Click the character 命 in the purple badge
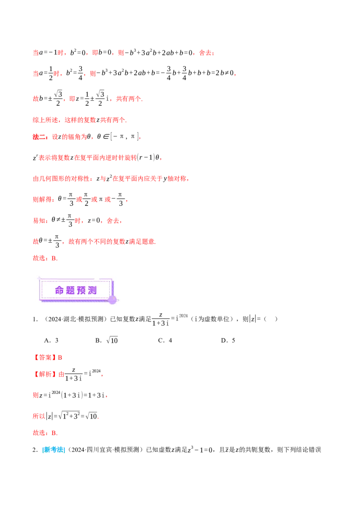click(x=59, y=290)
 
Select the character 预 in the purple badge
click(x=81, y=290)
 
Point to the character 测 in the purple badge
click(x=92, y=290)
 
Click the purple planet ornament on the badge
click(x=112, y=300)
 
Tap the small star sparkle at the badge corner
click(x=39, y=279)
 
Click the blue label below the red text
click(x=54, y=449)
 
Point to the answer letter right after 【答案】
click(x=61, y=357)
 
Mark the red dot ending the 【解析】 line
click(x=103, y=375)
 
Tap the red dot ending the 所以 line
click(x=99, y=419)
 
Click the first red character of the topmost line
click(x=36, y=53)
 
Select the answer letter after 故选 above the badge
click(x=54, y=259)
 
